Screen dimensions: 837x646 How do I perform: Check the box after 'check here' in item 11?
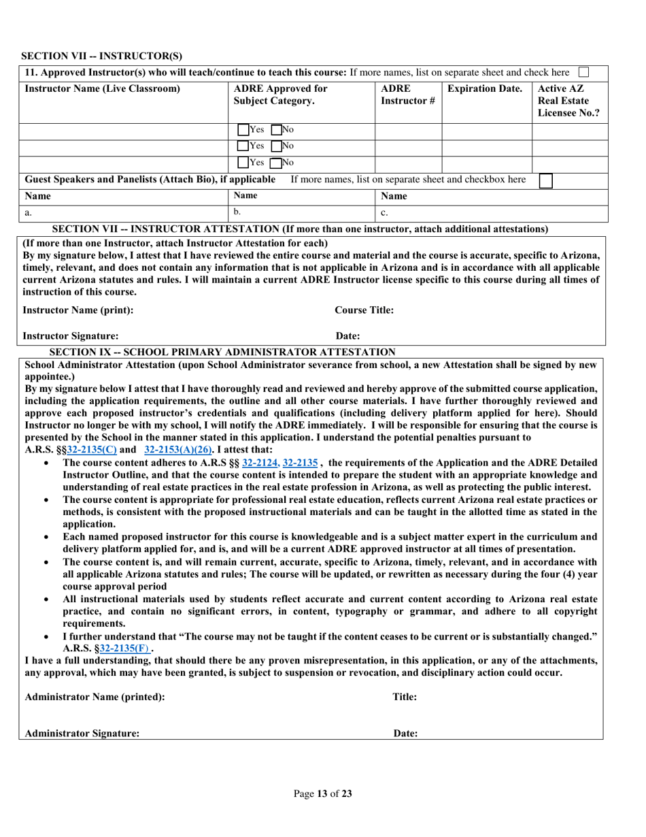click(x=582, y=72)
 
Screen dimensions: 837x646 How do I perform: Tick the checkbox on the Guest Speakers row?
click(x=545, y=180)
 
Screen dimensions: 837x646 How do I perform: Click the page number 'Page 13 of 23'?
click(x=322, y=792)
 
